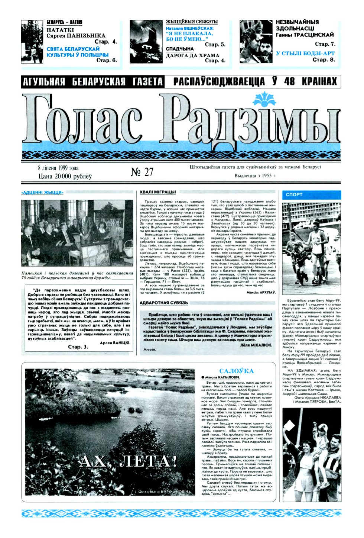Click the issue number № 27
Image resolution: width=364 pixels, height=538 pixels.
tap(142, 172)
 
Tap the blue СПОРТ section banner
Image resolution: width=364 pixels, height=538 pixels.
tap(311, 194)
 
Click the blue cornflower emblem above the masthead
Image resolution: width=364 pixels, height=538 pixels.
tap(264, 100)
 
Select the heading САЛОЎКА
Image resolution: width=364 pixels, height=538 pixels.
tap(236, 371)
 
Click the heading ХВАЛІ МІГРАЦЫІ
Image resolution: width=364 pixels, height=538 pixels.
tap(157, 192)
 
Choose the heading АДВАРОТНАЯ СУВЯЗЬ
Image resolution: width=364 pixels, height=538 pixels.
tap(164, 303)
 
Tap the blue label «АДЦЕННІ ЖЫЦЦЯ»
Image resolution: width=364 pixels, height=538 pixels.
tap(42, 193)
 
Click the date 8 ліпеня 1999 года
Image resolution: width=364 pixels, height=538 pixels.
tap(58, 168)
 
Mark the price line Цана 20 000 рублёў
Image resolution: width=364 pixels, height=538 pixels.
tap(65, 176)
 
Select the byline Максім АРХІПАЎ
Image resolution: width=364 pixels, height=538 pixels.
tap(261, 293)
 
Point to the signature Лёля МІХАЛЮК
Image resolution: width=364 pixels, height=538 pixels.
tap(256, 345)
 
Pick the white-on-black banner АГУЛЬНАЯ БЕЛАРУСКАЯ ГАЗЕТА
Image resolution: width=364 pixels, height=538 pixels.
tap(92, 81)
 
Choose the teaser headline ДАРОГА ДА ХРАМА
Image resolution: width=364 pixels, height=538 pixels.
tap(192, 55)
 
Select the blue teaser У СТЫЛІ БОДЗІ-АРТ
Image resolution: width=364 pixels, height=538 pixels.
tap(305, 53)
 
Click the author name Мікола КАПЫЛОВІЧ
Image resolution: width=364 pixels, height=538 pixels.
tap(222, 377)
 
